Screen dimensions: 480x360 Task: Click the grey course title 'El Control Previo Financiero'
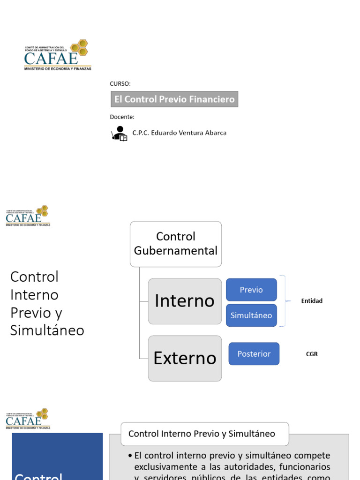[x=174, y=99]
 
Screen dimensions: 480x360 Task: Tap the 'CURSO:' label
[x=120, y=84]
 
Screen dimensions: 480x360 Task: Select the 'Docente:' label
[x=122, y=117]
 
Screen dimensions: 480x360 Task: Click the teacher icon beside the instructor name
[x=120, y=134]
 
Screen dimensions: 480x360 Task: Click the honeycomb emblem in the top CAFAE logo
[x=80, y=47]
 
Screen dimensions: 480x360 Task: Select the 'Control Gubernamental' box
[x=176, y=244]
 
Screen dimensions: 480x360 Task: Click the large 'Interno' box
[x=185, y=301]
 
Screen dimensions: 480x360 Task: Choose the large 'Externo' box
[x=185, y=358]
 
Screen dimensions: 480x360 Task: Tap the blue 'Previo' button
[x=251, y=290]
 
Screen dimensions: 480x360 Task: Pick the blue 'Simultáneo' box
[x=251, y=315]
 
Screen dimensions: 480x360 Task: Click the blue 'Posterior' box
[x=254, y=354]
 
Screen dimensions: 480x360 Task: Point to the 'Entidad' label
[x=312, y=301]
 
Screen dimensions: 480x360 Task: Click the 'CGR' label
[x=312, y=354]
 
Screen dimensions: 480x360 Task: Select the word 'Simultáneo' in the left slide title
[x=47, y=330]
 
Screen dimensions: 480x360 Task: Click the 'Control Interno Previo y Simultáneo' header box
[x=205, y=434]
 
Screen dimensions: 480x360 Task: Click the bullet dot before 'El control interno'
[x=129, y=456]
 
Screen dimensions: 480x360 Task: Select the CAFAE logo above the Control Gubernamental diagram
[x=28, y=216]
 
